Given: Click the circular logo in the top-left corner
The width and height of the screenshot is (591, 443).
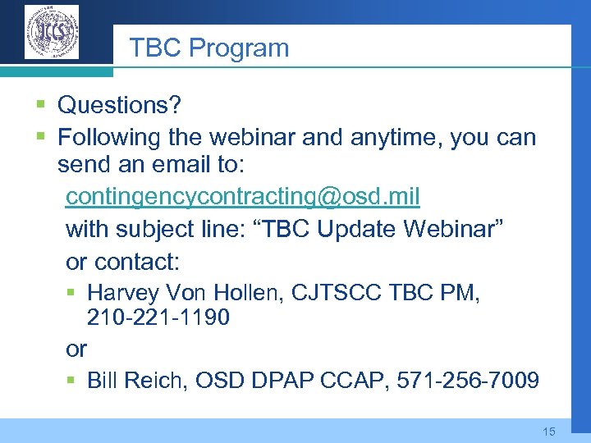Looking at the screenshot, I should tap(52, 33).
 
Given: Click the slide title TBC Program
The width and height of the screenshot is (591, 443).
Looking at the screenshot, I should tap(209, 48).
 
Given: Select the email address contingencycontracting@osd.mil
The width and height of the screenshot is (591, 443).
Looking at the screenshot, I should tap(243, 197).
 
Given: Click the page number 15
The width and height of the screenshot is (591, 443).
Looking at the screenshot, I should tap(549, 432).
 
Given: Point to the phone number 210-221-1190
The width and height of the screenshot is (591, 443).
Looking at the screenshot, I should tap(158, 317).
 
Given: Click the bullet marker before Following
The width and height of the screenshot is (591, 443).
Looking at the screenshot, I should tap(41, 137).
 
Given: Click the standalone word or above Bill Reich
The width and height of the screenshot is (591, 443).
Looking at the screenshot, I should tap(76, 349).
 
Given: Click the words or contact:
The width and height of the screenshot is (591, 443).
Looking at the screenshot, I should tap(122, 262).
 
